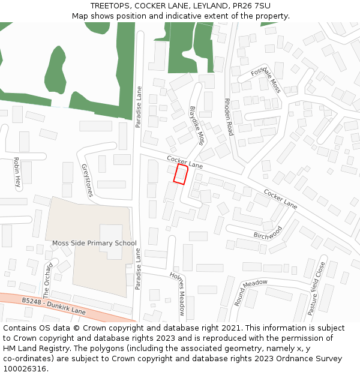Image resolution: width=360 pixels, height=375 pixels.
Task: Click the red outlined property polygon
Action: click(181, 174)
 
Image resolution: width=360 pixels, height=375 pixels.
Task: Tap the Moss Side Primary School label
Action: click(94, 243)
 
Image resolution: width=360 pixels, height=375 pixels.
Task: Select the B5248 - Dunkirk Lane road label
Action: click(54, 305)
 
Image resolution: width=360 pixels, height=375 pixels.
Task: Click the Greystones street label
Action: click(86, 180)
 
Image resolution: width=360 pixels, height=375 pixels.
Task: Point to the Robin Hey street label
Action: click(17, 173)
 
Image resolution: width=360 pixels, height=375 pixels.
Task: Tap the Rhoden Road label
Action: click(228, 117)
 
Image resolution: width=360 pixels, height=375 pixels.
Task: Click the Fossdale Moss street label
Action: click(265, 79)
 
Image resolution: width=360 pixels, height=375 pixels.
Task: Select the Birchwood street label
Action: click(268, 232)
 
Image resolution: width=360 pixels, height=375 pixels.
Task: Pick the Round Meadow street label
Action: click(251, 292)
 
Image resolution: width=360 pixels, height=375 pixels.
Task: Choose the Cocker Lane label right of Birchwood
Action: click(280, 200)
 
